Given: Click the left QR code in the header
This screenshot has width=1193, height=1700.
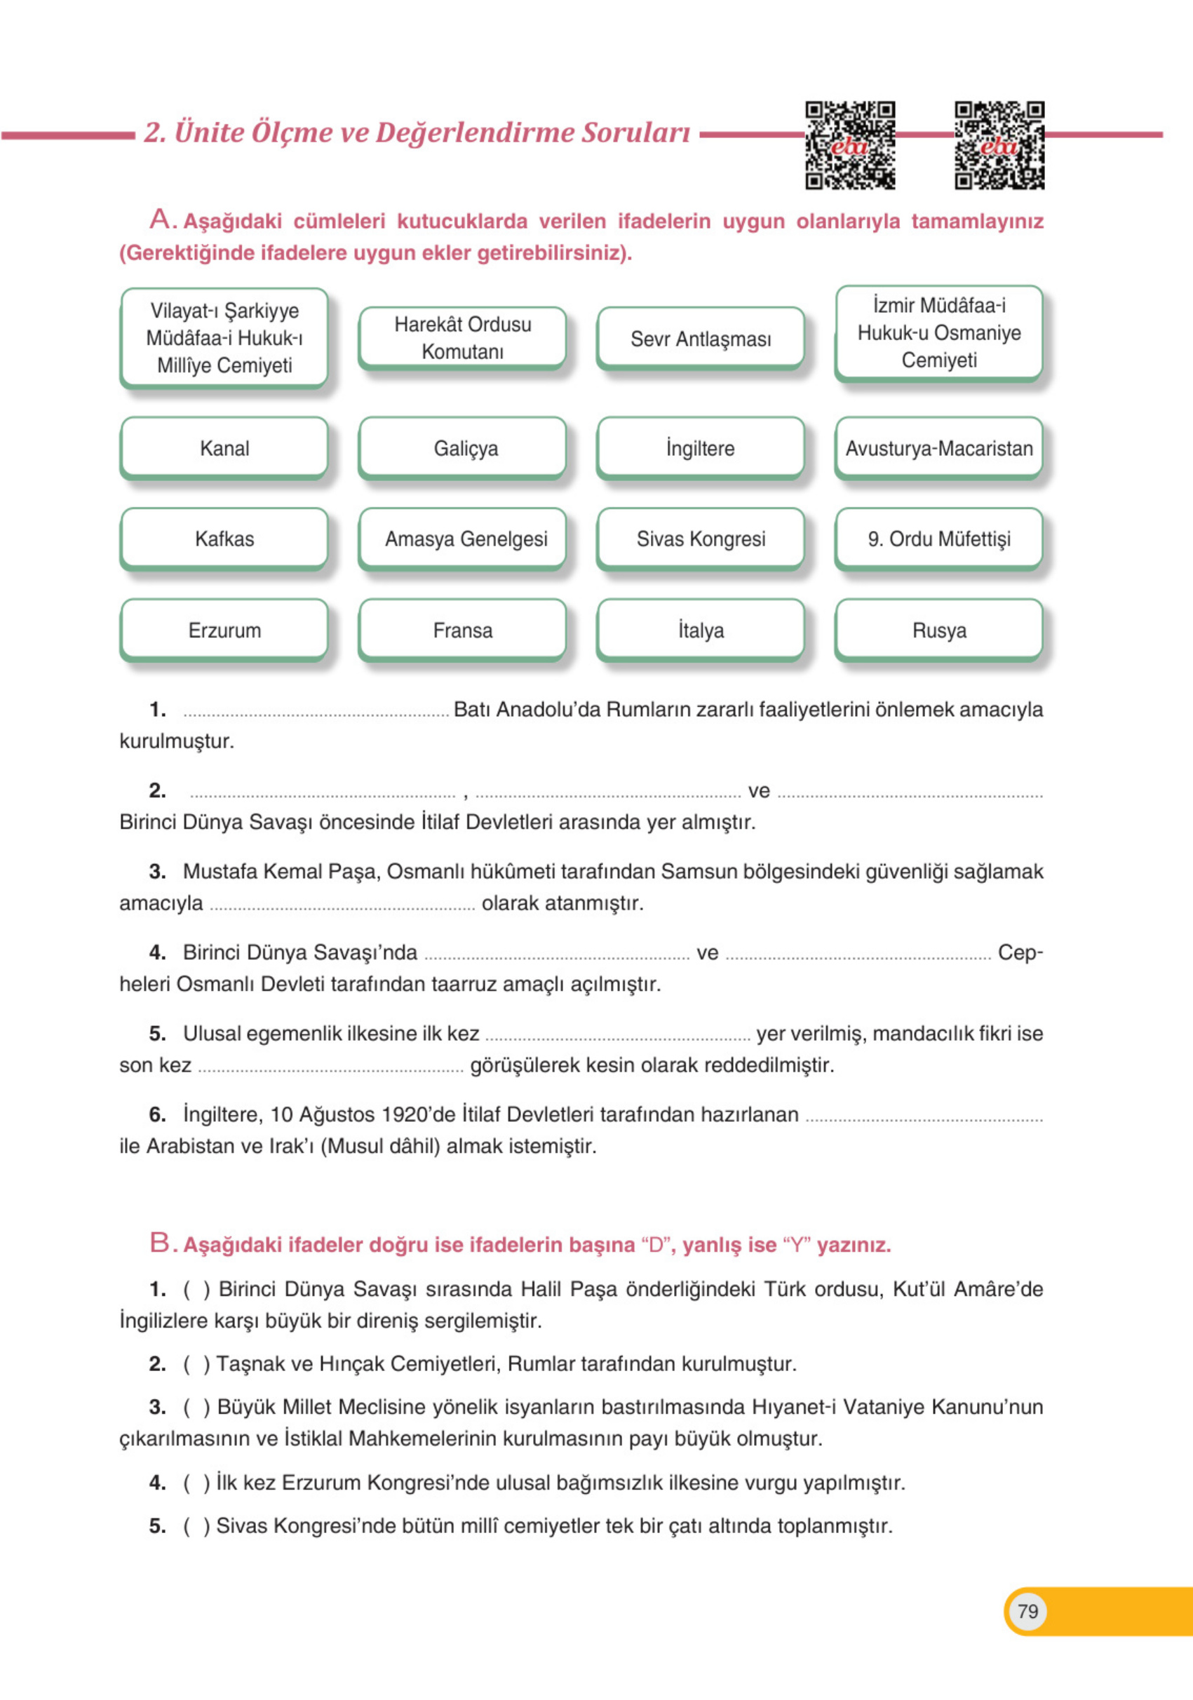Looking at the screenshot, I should point(850,145).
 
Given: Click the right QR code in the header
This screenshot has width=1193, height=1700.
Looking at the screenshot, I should point(999,145).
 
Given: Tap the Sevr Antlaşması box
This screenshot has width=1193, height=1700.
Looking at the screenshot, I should point(701,338).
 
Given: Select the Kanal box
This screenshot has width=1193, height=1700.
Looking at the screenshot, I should point(224,448).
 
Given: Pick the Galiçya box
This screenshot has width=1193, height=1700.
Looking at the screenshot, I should point(463,448).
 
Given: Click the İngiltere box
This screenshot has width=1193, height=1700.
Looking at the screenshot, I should point(701,448).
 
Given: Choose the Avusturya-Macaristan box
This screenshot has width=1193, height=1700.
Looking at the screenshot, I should point(939,448).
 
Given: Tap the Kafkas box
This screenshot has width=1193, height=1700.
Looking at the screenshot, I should point(224,539).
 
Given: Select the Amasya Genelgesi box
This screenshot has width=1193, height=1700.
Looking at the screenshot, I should point(463,539).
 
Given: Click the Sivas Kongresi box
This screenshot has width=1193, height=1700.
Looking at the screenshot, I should point(701,539).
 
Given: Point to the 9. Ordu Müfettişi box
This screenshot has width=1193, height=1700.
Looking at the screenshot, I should point(939,539).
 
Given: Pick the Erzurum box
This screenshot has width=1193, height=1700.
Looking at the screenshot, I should point(224,630).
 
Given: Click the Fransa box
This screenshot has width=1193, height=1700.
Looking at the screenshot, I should point(463,630).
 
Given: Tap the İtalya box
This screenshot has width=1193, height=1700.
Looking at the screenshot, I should point(701,630).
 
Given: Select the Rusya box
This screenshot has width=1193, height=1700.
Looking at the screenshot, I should point(939,630).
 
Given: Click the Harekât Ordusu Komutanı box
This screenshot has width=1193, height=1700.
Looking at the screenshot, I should point(463,337).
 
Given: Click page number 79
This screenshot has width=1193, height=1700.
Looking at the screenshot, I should point(1027,1611).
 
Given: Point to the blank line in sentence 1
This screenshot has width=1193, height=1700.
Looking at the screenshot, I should point(316,714).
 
